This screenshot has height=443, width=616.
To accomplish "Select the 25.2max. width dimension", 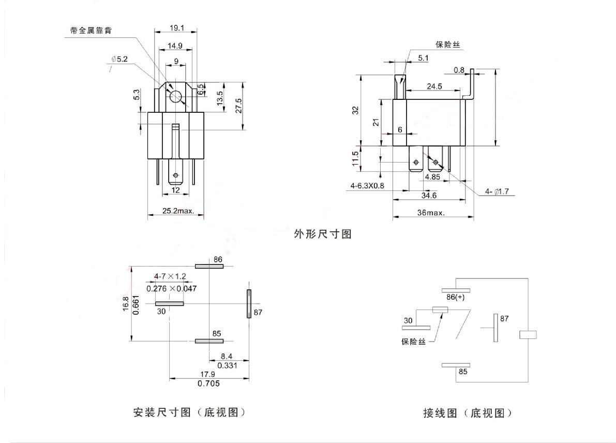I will tap(178, 211).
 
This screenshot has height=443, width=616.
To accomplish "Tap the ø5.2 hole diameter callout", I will tap(119, 59).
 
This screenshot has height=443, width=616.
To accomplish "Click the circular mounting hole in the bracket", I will tap(176, 96).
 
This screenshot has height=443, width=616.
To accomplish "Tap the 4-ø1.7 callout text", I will tap(497, 192).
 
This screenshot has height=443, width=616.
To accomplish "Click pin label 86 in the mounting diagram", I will tap(217, 259).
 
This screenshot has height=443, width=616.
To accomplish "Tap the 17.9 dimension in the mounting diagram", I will tap(208, 375).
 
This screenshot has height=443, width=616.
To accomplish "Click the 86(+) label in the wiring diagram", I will tap(456, 298).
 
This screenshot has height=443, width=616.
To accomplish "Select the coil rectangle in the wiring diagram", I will tap(528, 335).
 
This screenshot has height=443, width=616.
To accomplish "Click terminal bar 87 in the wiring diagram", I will tap(495, 328).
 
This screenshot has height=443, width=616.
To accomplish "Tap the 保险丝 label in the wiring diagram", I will tap(413, 342).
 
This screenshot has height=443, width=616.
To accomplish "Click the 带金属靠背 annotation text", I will tap(91, 31).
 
